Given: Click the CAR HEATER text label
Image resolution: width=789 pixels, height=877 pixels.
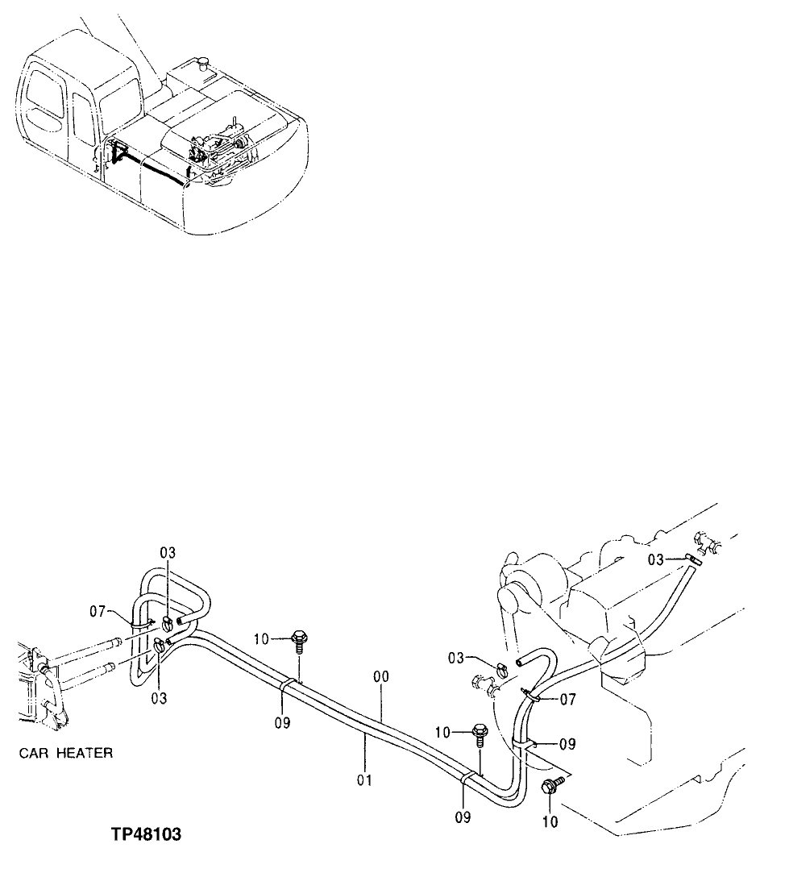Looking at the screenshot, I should pyautogui.click(x=65, y=754).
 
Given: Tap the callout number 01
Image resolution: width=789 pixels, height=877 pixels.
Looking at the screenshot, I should pyautogui.click(x=365, y=781).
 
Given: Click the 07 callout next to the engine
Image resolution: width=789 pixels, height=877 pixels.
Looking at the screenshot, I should pyautogui.click(x=567, y=700).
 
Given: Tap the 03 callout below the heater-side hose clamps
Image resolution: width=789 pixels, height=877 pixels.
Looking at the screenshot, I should pyautogui.click(x=159, y=698).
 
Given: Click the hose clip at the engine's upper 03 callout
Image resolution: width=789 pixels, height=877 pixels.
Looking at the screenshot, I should pyautogui.click(x=692, y=558).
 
